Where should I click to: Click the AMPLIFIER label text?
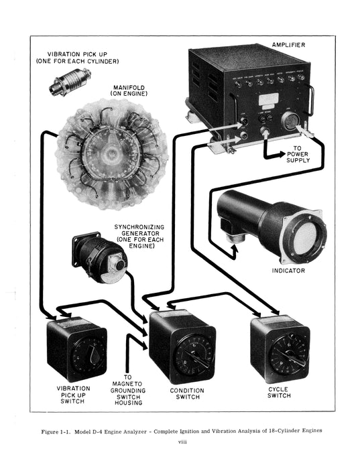point(288,45)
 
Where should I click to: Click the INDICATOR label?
point(288,271)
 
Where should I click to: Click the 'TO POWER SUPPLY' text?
point(298,153)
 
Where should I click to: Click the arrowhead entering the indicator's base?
point(235,252)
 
